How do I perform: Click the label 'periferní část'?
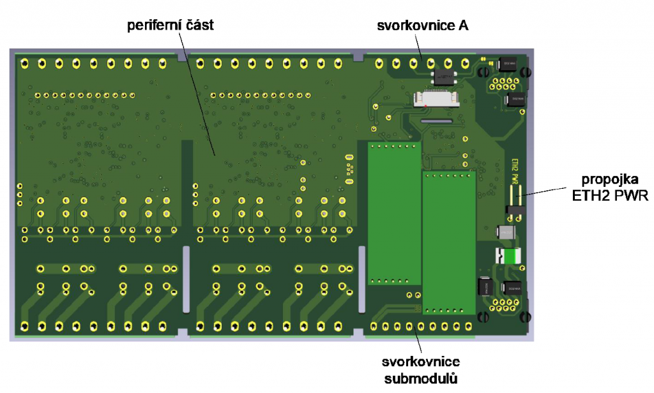click(171, 26)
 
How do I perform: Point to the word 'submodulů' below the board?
click(422, 380)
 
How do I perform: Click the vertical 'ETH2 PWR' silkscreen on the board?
click(514, 169)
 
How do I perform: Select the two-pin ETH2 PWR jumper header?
click(515, 201)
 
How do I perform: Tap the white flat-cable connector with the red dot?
click(436, 98)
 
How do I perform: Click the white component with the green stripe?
click(508, 256)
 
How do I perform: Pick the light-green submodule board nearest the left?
click(393, 213)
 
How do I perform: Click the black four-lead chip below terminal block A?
click(443, 77)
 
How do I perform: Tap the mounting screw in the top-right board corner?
click(528, 72)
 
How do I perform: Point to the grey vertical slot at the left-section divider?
click(186, 279)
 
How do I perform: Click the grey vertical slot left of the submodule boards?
click(361, 279)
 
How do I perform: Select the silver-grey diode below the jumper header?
click(508, 232)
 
